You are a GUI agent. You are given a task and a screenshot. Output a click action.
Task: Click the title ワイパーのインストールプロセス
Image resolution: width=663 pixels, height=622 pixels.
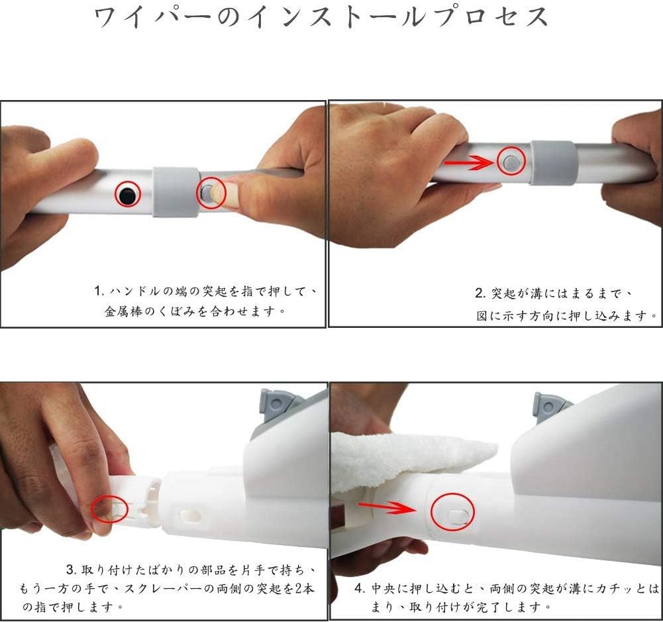322,17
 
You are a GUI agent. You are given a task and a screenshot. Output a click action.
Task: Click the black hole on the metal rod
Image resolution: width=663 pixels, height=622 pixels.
127,194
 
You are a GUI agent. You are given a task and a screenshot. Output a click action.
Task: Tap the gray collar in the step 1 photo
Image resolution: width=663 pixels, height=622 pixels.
176,191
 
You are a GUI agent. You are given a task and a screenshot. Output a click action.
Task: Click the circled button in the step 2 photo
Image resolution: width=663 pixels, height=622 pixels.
511,162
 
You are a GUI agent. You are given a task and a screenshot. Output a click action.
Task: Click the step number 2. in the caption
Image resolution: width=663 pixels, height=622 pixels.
481,293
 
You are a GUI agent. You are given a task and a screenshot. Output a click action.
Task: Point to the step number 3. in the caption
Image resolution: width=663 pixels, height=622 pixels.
72,570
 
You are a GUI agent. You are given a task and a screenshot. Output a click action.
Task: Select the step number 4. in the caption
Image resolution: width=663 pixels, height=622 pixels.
360,588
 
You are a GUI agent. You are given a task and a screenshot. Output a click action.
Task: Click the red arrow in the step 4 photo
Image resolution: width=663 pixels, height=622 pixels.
387,508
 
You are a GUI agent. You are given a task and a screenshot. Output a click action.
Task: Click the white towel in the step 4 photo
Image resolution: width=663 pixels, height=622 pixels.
411,458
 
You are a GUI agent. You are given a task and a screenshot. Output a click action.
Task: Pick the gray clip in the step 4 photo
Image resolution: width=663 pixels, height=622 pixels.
550,406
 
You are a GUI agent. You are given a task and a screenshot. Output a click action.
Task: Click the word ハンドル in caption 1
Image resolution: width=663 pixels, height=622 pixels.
132,291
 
